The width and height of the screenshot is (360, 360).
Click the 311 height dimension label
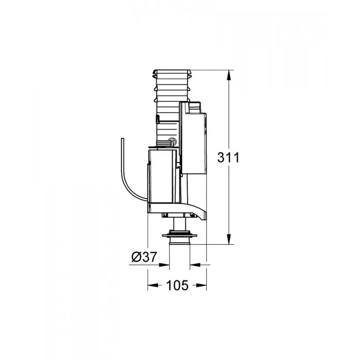tap(228, 157)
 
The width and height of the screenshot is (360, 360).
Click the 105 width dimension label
tap(177, 285)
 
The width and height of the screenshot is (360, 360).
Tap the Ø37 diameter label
tap(144, 257)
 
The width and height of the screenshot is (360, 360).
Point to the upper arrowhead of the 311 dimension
tap(229, 75)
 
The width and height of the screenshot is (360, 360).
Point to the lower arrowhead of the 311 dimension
tap(229, 239)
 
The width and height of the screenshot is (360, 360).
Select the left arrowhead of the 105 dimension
tap(153, 285)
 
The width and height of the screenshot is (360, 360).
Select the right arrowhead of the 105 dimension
tap(202, 285)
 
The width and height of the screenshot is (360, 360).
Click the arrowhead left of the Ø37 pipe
tap(164, 265)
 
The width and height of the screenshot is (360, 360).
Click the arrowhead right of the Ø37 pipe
tap(195, 265)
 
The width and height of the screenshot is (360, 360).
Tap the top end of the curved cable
tap(122, 138)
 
